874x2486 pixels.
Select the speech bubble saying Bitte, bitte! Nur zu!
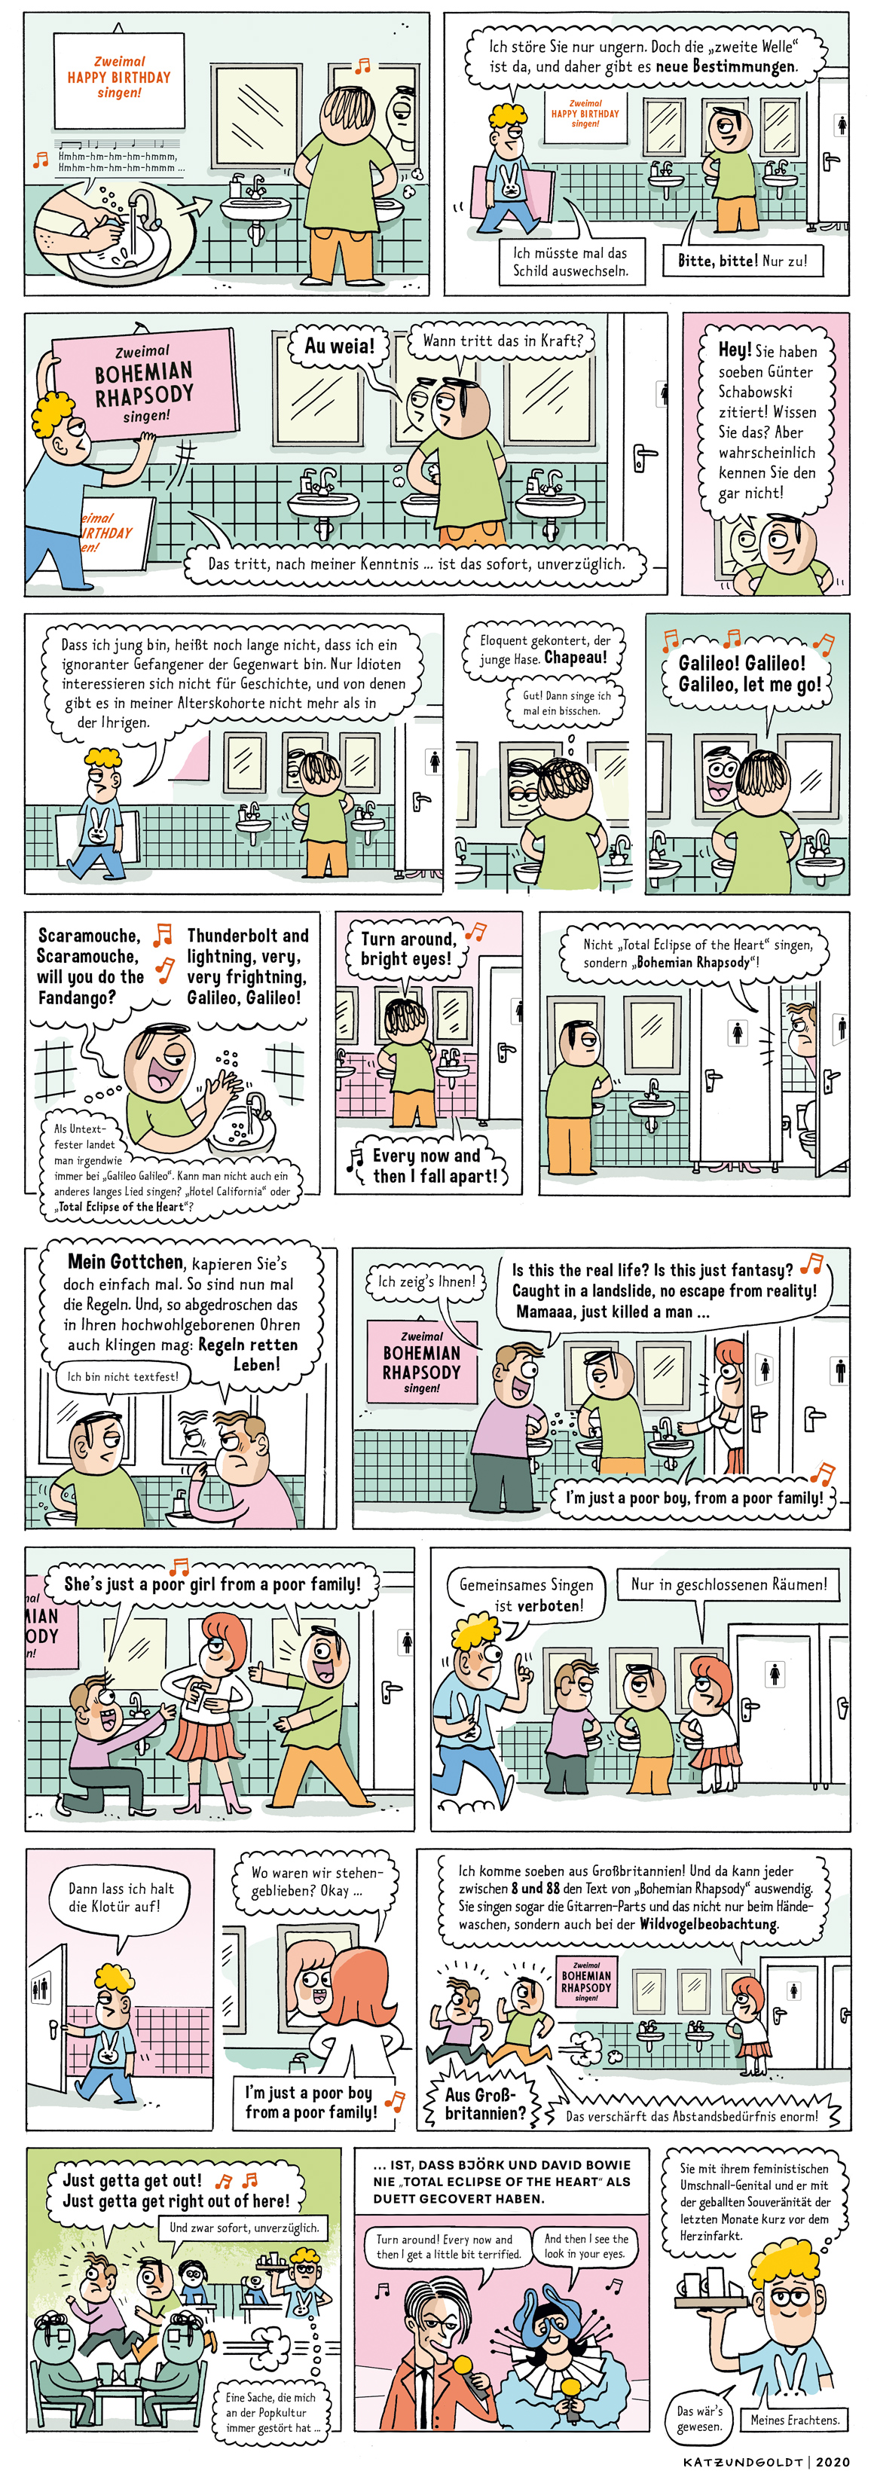pyautogui.click(x=743, y=260)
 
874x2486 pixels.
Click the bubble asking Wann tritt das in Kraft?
pyautogui.click(x=502, y=341)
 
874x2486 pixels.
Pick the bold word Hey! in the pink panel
pyautogui.click(x=734, y=350)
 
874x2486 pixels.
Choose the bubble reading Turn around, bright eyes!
pyautogui.click(x=406, y=948)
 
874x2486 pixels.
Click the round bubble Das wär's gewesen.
pyautogui.click(x=699, y=2417)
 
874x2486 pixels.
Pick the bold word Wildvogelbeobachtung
pyautogui.click(x=708, y=1923)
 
